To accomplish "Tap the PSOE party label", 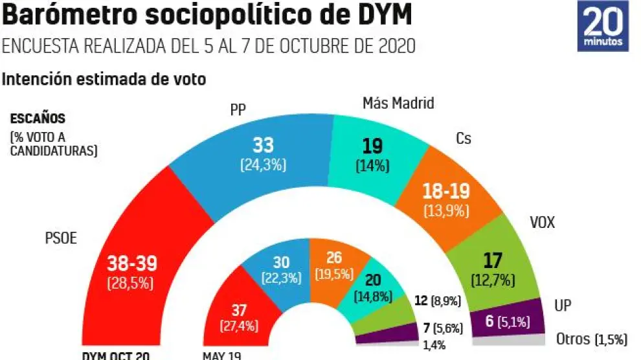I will coord(61,238).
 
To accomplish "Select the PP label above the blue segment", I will coord(238,109).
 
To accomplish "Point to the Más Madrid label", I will coord(398,103).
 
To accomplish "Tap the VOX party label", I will coord(543,223).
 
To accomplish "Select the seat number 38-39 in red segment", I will coord(132,264).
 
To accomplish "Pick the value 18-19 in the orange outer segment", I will coord(446,192).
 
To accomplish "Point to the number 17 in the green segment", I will coord(493,262).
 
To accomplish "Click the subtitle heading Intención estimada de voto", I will coord(104,80).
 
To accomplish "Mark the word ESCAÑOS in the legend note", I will coord(37,119).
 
